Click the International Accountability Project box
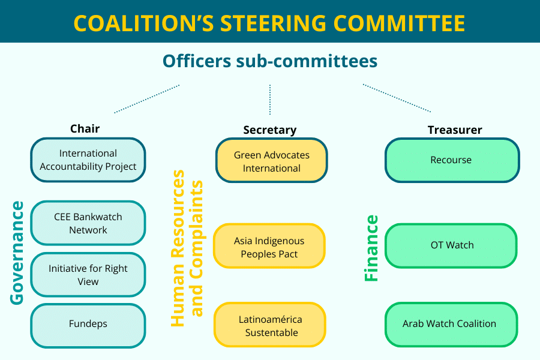88,160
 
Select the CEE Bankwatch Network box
88,223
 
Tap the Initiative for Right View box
88,275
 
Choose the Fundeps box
88,326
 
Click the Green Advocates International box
272,160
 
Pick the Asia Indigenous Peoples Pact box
269,246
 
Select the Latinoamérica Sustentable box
270,325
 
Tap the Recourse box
452,160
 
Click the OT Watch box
451,245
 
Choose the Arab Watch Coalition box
451,325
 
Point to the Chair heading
85,129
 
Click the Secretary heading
270,130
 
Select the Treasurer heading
455,130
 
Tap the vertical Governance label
17,253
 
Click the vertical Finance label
371,248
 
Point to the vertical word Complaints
197,248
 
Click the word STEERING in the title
274,23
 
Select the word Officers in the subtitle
197,61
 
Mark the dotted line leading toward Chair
147,99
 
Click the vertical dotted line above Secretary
270,100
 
